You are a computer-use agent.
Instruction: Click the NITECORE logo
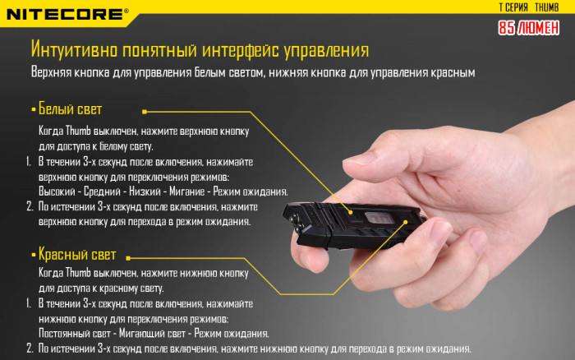[66, 13]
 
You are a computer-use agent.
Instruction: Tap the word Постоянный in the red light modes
[68, 334]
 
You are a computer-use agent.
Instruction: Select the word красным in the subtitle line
[453, 73]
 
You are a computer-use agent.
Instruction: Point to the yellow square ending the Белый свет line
[144, 110]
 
